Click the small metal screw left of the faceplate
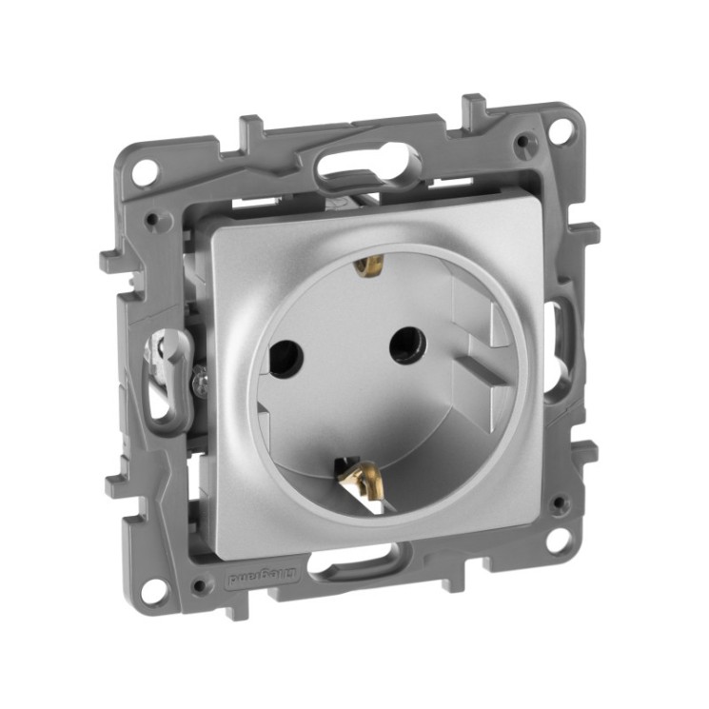[199, 380]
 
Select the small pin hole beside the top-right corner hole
[522, 144]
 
